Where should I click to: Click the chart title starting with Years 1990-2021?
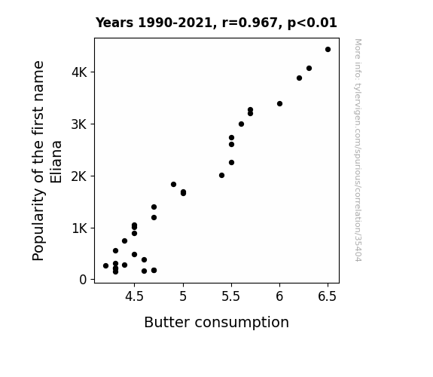pos(216,23)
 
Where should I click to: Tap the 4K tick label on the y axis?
pos(79,72)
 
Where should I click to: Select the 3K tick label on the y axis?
pos(79,124)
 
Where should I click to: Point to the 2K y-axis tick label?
pos(79,176)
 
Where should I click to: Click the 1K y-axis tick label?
pos(79,228)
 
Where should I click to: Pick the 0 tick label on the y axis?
pos(83,280)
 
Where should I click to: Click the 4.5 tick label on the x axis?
pos(134,296)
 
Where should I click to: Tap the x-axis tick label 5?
pos(183,296)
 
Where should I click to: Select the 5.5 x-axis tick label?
pos(231,296)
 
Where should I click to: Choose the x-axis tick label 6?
pos(279,296)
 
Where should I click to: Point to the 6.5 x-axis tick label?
pos(328,296)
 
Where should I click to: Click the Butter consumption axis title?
pos(217,323)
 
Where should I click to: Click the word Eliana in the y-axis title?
pos(56,162)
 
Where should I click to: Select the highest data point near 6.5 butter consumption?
pos(328,50)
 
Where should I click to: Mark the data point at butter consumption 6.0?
pos(279,104)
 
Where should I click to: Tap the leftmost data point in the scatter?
pos(105,266)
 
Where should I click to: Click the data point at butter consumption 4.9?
pos(173,185)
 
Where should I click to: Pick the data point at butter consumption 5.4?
pos(221,176)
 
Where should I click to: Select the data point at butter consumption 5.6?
pos(241,124)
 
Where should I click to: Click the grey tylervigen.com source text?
pos(358,150)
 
